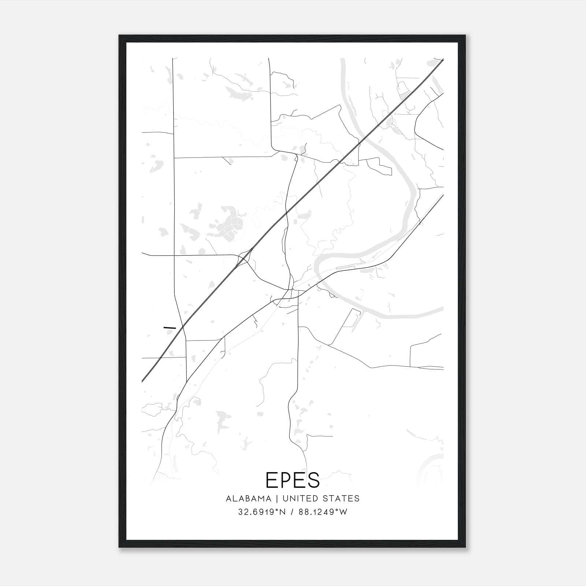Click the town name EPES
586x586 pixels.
coord(293,480)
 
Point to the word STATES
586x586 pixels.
coord(341,498)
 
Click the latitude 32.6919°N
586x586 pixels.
coord(261,512)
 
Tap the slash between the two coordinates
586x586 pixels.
coord(292,512)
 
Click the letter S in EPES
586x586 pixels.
coord(314,480)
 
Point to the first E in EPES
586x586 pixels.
coord(271,480)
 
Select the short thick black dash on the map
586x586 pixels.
coord(170,327)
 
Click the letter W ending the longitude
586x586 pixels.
coord(344,512)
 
